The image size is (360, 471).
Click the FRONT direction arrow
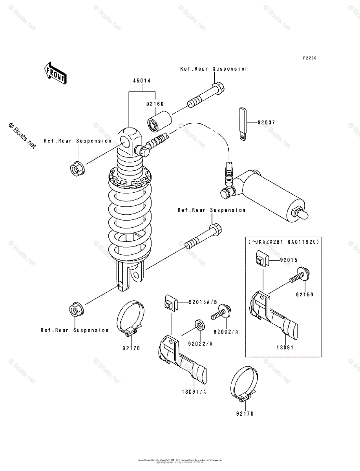coord(55,73)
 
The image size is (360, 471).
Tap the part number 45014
coord(142,80)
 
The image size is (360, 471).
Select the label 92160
coord(155,104)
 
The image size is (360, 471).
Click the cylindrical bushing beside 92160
coord(160,121)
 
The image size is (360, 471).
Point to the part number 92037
coord(266,122)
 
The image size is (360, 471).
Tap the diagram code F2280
coord(309,58)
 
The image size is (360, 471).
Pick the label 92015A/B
coord(203,302)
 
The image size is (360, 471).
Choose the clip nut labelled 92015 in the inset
coord(260,261)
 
